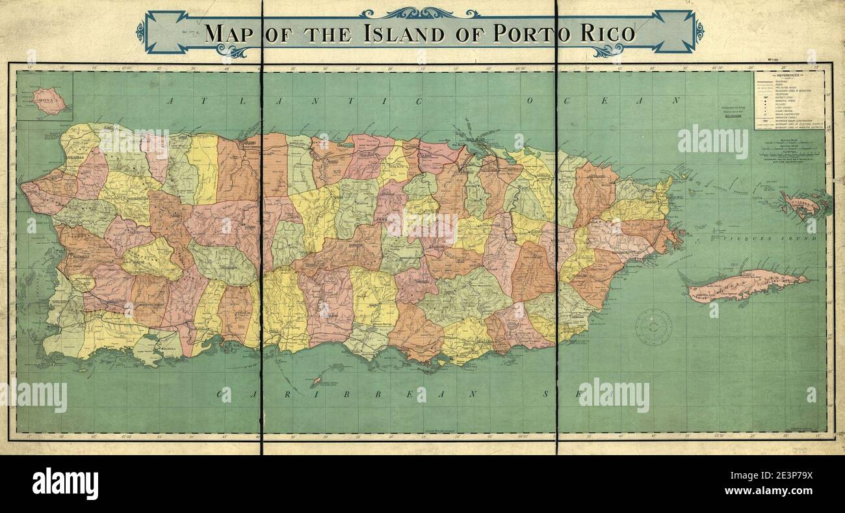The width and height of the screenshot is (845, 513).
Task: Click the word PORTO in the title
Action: click(x=526, y=33)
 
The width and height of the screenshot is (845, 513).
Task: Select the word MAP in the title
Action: click(x=228, y=33)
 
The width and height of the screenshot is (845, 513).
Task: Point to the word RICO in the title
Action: click(x=606, y=33)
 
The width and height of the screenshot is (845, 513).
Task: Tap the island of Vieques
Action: click(x=747, y=285)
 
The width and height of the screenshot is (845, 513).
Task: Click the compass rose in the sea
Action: click(x=653, y=326)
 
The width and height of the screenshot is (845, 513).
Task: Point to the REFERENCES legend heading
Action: click(x=788, y=76)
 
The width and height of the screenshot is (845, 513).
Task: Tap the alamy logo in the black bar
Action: click(x=65, y=483)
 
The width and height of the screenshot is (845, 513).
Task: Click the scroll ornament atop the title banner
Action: click(x=419, y=12)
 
